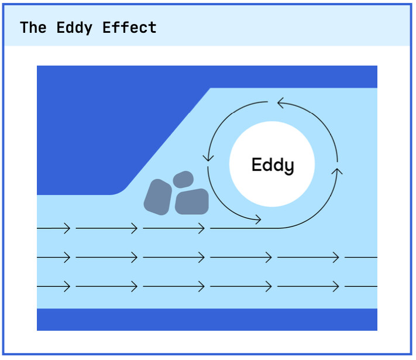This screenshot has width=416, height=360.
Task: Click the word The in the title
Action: tap(33, 28)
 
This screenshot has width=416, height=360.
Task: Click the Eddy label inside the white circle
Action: tap(272, 165)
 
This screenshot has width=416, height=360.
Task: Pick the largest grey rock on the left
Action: tap(157, 196)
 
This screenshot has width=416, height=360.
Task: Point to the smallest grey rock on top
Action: tap(183, 179)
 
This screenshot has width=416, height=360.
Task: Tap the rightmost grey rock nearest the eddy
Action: tap(192, 201)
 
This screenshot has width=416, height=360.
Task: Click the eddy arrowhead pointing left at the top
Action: tap(281, 104)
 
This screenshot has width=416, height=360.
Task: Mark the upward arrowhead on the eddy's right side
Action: tap(337, 172)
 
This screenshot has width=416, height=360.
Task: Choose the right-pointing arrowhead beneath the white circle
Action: tap(257, 220)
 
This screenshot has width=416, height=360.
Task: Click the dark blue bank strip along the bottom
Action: tap(207, 320)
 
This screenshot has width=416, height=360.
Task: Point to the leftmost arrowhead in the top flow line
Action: tap(67, 228)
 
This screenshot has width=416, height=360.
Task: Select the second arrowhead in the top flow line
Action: tap(135, 228)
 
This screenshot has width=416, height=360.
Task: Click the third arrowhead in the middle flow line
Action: tap(202, 257)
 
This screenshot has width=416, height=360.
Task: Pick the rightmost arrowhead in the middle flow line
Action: tap(336, 257)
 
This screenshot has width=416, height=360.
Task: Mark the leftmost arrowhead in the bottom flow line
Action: tap(67, 286)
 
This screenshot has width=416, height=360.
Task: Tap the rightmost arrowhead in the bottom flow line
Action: tap(336, 286)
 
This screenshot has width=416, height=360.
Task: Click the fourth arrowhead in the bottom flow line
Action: tap(269, 286)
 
